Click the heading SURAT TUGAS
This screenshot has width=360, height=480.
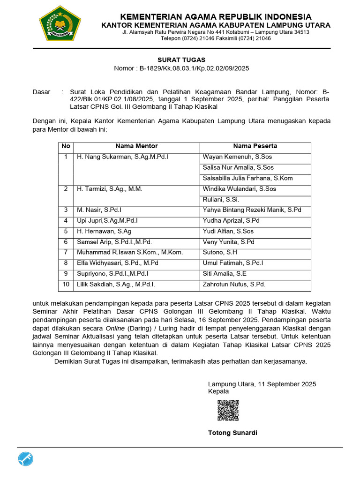coord(181,60)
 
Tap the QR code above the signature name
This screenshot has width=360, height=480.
coord(228,410)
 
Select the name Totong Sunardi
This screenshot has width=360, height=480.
coord(232,433)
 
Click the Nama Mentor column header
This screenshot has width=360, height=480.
coord(136,146)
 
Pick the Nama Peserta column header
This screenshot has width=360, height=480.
coord(255,146)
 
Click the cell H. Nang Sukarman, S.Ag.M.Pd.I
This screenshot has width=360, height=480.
coord(122,157)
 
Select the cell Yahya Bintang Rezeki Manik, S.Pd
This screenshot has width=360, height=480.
coord(252,210)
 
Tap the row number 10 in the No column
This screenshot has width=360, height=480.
coord(66,284)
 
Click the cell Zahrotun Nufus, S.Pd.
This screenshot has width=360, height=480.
coord(234,284)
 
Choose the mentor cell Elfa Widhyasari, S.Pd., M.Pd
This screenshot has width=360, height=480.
coord(118,263)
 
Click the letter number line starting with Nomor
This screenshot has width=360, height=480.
coord(181,68)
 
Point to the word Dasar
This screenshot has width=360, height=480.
coord(41,92)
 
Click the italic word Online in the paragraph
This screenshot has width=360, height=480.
coord(114,327)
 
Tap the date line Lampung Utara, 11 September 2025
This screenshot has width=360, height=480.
coord(262,384)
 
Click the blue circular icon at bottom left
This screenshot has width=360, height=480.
coord(26,460)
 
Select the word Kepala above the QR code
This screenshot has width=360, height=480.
coord(218,391)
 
